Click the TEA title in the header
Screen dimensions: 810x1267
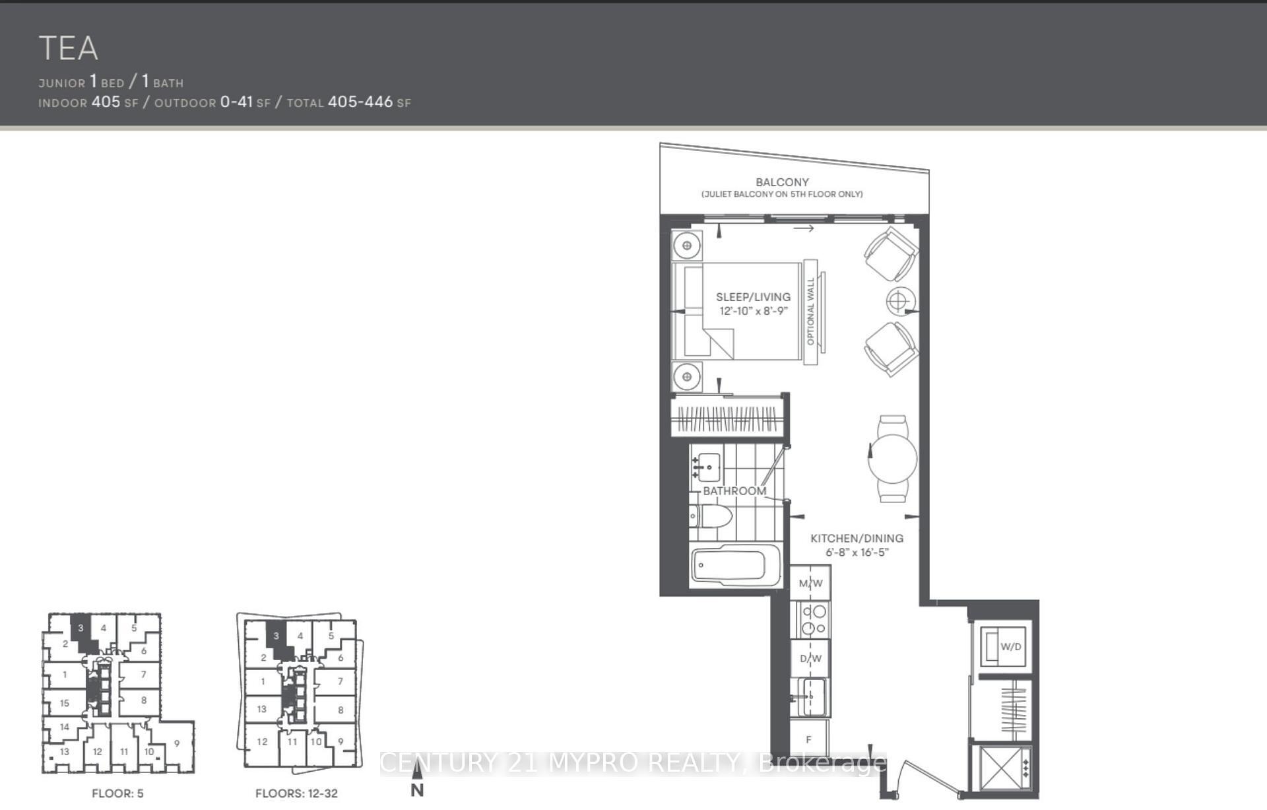[69, 48]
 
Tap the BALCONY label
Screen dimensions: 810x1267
[782, 182]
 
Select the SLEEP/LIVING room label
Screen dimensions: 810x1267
[753, 297]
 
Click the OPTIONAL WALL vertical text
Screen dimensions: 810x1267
[811, 311]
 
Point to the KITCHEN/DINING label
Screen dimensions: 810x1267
[857, 539]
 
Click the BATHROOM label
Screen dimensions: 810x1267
[734, 491]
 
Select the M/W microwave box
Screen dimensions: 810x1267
[810, 583]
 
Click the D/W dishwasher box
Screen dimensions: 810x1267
[810, 658]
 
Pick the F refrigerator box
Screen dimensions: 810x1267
[809, 739]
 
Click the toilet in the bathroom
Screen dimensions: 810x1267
[713, 516]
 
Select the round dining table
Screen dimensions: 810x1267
[892, 458]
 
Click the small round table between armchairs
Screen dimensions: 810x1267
[897, 302]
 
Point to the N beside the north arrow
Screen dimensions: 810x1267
[417, 790]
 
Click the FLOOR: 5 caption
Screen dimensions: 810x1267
[117, 793]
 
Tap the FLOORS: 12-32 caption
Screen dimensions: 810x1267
[296, 793]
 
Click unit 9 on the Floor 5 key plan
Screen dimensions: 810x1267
[177, 743]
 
